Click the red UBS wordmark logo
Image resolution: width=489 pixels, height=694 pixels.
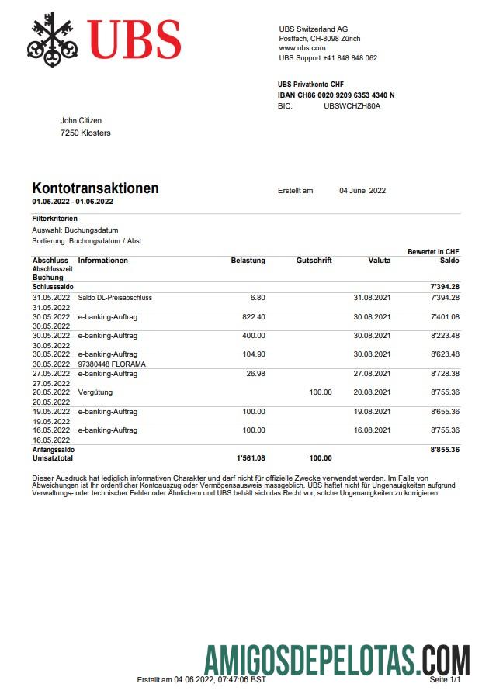point(134,39)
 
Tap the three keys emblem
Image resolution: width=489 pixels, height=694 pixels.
point(54,39)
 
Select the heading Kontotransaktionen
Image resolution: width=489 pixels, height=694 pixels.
point(95,188)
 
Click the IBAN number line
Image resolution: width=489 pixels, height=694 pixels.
point(336,95)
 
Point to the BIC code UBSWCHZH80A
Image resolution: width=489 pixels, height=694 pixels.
point(352,105)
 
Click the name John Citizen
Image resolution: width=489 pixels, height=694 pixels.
point(81,121)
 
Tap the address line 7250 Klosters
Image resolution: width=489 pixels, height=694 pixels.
point(85,133)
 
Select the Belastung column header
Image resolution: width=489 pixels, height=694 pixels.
point(248,261)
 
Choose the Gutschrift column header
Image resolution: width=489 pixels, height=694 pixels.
point(314,261)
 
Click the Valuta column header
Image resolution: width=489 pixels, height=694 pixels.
point(379,261)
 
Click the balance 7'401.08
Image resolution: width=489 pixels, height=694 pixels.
point(444,316)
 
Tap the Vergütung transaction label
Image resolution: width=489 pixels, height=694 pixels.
point(95,392)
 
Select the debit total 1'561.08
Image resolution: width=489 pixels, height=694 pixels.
point(250,458)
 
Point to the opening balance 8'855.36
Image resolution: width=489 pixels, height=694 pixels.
point(444,449)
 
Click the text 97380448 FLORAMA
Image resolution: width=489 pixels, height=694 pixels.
point(112,364)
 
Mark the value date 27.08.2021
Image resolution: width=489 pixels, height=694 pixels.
point(371,373)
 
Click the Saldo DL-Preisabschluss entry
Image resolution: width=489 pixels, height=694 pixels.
point(115,298)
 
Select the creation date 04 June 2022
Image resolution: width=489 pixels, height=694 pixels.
point(362,191)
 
